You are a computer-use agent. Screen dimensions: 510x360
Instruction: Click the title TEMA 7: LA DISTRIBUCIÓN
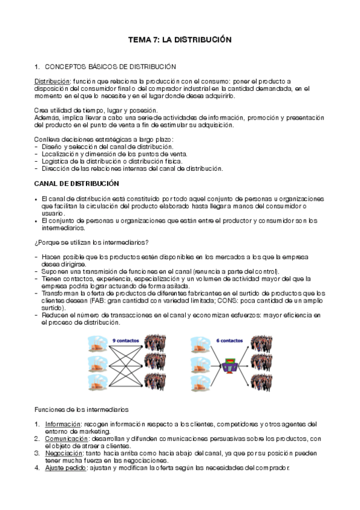180,40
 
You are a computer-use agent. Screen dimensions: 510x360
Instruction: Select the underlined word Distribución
52,81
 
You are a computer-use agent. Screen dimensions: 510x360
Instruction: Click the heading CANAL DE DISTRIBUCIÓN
77,183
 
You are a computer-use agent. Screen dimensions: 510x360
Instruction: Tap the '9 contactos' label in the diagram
126,340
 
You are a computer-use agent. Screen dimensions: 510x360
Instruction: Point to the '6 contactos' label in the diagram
228,340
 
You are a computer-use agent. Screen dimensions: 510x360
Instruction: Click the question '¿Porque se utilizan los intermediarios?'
91,242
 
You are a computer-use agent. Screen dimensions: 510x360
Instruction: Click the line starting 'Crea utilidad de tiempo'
96,110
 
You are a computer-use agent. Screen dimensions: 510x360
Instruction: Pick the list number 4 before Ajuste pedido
37,467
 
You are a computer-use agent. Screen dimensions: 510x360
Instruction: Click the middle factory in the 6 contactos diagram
199,364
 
